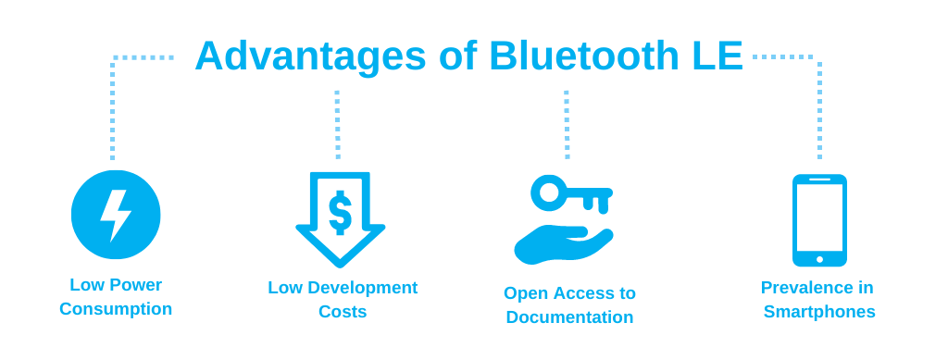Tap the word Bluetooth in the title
tap(583, 56)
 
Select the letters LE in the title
tap(717, 56)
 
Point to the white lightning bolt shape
tap(115, 215)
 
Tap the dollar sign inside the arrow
tap(340, 213)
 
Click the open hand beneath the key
tap(560, 243)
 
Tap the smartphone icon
tap(819, 219)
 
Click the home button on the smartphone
tap(819, 259)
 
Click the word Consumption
tap(116, 309)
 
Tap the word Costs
tap(343, 312)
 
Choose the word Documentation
tap(569, 317)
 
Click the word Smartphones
tap(819, 312)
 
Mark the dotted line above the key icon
tap(567, 125)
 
